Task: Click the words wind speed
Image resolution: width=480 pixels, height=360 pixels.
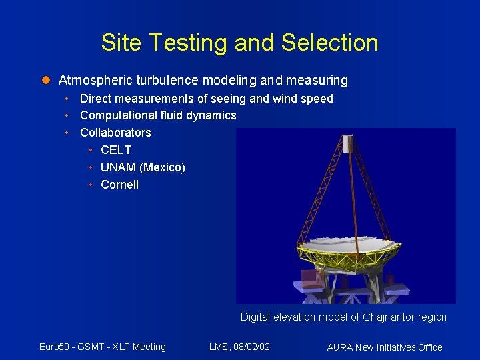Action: click(x=309, y=99)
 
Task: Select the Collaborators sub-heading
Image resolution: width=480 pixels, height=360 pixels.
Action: click(x=115, y=133)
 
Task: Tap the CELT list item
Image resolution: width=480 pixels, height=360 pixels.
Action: click(x=116, y=150)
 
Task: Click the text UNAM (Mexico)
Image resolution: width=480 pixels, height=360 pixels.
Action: click(x=143, y=167)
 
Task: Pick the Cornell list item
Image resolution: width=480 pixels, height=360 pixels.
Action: click(x=119, y=185)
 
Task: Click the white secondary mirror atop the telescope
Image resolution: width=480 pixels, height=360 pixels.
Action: click(x=347, y=143)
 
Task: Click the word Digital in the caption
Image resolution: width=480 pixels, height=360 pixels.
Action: click(x=256, y=317)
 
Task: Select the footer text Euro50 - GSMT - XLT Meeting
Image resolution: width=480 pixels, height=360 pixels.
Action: click(x=102, y=347)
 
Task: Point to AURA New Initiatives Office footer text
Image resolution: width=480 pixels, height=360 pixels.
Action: click(x=385, y=347)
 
